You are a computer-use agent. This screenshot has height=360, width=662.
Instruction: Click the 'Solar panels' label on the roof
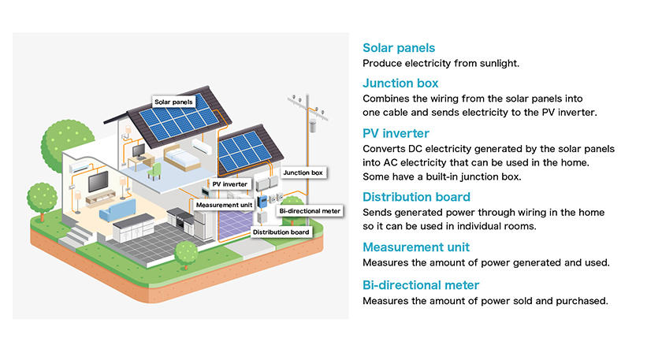pyautogui.click(x=173, y=102)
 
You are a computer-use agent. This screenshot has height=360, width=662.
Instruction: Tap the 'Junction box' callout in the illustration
pyautogui.click(x=303, y=173)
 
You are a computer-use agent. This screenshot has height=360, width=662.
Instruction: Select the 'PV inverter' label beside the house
pyautogui.click(x=229, y=184)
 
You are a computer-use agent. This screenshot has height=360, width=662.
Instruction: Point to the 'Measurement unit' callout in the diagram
pyautogui.click(x=224, y=205)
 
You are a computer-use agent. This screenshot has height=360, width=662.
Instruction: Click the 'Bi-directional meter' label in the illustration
pyautogui.click(x=310, y=211)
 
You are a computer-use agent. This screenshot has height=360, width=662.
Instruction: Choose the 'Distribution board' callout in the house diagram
pyautogui.click(x=281, y=232)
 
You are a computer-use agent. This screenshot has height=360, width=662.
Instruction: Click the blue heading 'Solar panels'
pyautogui.click(x=399, y=48)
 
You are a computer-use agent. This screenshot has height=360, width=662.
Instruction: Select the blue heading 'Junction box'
pyautogui.click(x=400, y=84)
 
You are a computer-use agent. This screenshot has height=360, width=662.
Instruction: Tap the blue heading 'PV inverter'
pyautogui.click(x=396, y=133)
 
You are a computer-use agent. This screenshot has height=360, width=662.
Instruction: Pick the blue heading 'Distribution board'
pyautogui.click(x=416, y=197)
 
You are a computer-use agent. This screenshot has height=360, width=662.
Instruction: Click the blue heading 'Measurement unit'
pyautogui.click(x=416, y=247)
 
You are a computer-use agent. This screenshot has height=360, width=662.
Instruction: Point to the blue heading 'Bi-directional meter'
pyautogui.click(x=421, y=285)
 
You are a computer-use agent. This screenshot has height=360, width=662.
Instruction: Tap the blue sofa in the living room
pyautogui.click(x=117, y=210)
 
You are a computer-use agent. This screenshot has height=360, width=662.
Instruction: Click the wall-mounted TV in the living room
pyautogui.click(x=98, y=181)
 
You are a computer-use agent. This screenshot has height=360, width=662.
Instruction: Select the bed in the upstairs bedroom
pyautogui.click(x=180, y=157)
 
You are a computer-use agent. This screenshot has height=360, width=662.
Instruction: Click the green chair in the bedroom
pyautogui.click(x=154, y=171)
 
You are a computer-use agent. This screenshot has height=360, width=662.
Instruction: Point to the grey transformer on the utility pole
pyautogui.click(x=313, y=126)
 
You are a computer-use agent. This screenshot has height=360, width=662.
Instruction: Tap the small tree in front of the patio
pyautogui.click(x=186, y=254)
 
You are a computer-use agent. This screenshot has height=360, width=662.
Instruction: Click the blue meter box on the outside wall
pyautogui.click(x=262, y=202)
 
